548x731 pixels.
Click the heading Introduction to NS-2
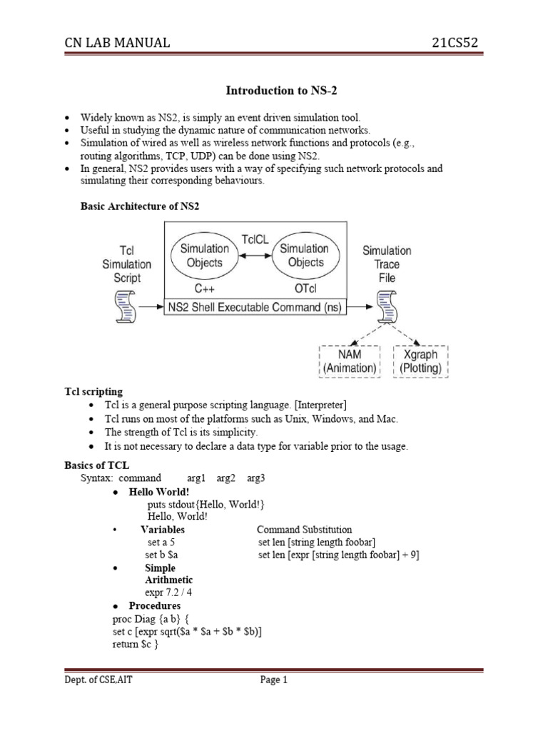coord(274,91)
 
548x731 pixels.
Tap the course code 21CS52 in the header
coord(455,43)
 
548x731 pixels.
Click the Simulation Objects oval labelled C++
coord(205,256)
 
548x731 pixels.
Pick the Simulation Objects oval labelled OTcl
coord(304,256)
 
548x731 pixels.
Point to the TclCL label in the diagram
coord(255,240)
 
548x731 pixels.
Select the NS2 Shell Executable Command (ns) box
coord(255,308)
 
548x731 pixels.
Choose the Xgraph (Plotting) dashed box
coord(420,362)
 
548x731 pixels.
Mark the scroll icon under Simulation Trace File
coord(387,308)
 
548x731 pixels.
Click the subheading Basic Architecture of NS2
coord(138,206)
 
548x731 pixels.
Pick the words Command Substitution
coord(304,530)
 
